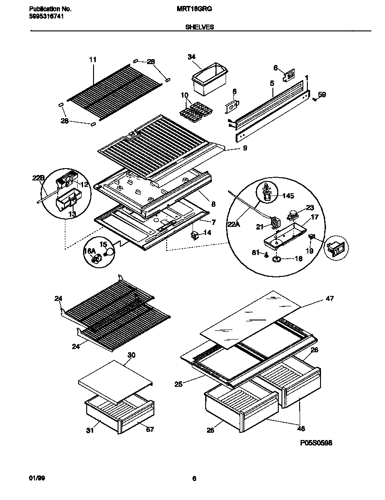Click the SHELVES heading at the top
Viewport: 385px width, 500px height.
point(200,27)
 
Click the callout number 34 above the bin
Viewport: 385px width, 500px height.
point(192,57)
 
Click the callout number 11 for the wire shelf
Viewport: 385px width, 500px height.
point(93,60)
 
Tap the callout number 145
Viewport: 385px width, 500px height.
point(288,196)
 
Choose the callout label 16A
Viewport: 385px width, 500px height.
point(89,251)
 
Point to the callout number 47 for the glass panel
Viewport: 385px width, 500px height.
point(329,299)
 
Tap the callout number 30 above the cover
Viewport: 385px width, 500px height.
point(132,355)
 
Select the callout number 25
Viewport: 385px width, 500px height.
point(178,384)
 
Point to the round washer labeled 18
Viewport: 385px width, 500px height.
point(276,259)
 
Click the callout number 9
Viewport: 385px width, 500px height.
point(245,148)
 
